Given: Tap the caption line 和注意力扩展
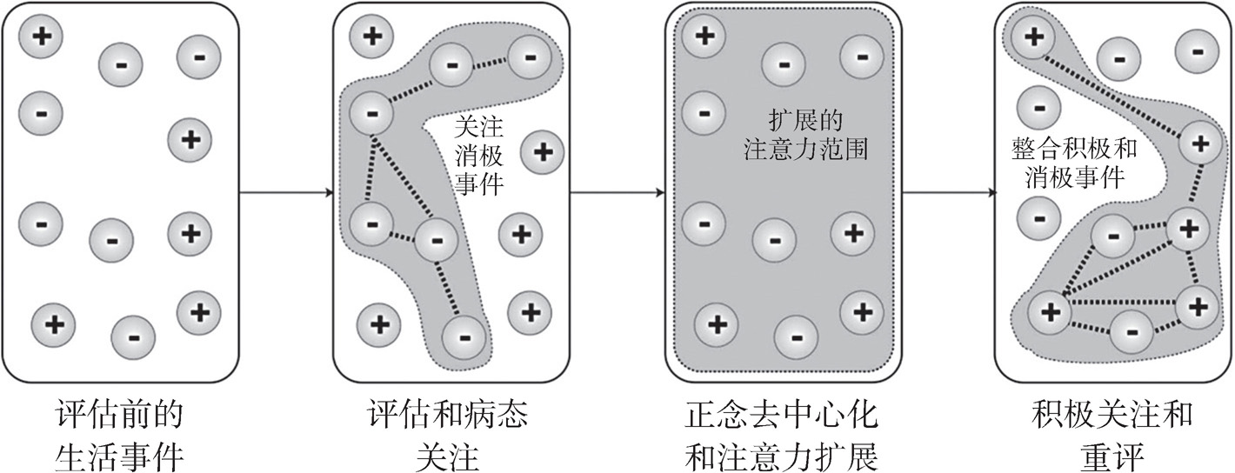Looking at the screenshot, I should coord(779,454).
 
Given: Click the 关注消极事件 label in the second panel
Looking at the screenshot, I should coord(479,156).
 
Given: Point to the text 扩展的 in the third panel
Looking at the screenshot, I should coord(806,121).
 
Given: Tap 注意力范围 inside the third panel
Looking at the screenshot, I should coord(806,150).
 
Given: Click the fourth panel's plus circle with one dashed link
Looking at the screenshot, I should coord(1033,37).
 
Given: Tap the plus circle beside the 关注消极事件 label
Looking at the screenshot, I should coord(541,152).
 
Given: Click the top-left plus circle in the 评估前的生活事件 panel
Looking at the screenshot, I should coord(41,37).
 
